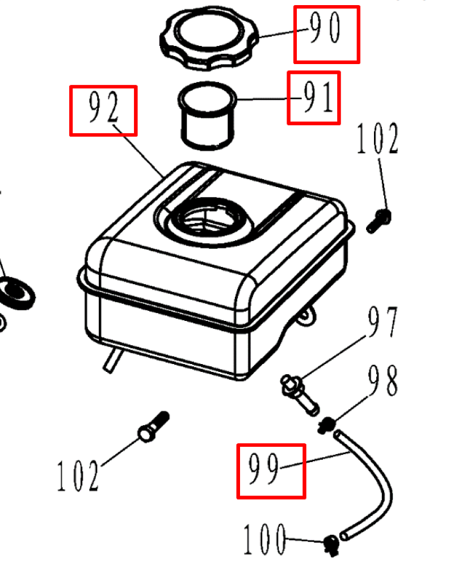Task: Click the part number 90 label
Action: coord(326,33)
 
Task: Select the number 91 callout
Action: coord(313,98)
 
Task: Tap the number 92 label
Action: coord(103,111)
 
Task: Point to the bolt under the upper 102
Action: coord(379,220)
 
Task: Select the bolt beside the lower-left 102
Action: coord(153,426)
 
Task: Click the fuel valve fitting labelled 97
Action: coord(300,393)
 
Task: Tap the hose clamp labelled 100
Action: coord(330,544)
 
